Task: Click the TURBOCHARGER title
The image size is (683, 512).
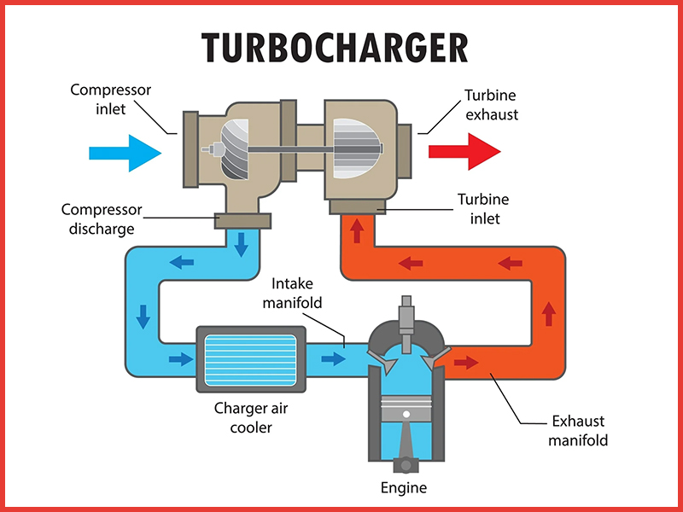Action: tap(335, 48)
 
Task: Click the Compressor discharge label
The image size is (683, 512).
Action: tap(101, 218)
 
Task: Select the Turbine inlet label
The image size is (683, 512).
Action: tap(482, 208)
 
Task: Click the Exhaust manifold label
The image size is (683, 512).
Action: tap(577, 431)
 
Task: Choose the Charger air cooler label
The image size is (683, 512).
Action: tap(249, 416)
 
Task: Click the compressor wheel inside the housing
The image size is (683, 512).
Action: tap(232, 148)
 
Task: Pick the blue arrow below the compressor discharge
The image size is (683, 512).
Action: tap(242, 243)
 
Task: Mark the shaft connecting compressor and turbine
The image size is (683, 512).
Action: tap(295, 150)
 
